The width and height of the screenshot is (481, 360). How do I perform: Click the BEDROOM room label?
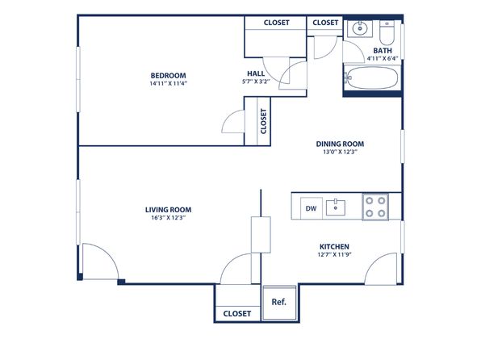tap(168, 76)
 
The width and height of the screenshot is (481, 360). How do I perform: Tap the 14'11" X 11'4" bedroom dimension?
tap(168, 83)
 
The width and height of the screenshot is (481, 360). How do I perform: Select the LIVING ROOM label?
tap(168, 210)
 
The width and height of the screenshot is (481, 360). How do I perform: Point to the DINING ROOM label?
tap(340, 144)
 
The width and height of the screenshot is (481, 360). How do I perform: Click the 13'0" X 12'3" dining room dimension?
tap(340, 152)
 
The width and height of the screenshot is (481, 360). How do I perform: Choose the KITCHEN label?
tap(334, 247)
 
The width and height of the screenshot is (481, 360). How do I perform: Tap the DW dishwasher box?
tap(311, 208)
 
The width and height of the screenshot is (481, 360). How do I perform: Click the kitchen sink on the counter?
tap(336, 207)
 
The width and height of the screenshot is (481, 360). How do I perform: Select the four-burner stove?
tap(375, 207)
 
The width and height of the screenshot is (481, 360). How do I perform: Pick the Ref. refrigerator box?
tap(279, 303)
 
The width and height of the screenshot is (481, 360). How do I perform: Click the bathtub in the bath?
tap(373, 78)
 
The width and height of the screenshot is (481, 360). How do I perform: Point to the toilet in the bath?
tap(387, 33)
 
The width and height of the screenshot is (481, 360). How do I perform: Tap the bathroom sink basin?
tap(359, 29)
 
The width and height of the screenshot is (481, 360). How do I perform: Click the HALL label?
tap(256, 73)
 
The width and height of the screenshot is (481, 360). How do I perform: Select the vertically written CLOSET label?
tap(264, 121)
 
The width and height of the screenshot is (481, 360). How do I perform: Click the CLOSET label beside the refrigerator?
tap(237, 314)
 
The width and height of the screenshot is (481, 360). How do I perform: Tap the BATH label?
tap(383, 51)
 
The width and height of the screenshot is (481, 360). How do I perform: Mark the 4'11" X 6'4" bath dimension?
tap(383, 58)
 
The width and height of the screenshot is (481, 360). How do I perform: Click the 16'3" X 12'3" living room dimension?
tap(168, 218)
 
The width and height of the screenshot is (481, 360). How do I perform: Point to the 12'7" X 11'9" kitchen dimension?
tap(334, 254)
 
